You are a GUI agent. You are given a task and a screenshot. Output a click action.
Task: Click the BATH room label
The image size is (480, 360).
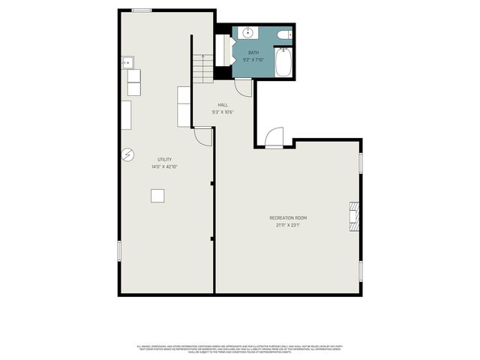253,52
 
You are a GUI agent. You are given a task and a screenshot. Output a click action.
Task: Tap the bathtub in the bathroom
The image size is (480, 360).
283,63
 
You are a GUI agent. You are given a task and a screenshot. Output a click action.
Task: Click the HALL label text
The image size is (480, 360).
223,105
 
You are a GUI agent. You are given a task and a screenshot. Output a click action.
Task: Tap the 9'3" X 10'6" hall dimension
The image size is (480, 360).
223,112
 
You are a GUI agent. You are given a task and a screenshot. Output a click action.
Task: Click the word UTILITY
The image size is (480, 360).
164,159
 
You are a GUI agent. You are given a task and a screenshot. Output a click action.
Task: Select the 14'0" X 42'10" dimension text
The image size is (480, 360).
164,166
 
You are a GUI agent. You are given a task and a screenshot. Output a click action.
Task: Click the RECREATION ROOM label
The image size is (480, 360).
289,217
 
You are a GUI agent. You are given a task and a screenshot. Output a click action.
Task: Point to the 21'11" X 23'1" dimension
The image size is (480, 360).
289,225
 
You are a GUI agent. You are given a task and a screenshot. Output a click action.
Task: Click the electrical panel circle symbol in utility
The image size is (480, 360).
127,154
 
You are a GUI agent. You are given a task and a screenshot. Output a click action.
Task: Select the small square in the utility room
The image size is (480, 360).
157,195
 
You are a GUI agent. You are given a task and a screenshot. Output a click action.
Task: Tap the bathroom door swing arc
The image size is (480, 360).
243,86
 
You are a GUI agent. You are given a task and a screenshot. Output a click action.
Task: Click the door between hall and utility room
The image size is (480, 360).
203,136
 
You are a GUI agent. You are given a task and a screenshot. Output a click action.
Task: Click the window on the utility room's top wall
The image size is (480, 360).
141,10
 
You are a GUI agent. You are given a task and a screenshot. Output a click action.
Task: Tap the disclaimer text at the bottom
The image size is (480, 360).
239,349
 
